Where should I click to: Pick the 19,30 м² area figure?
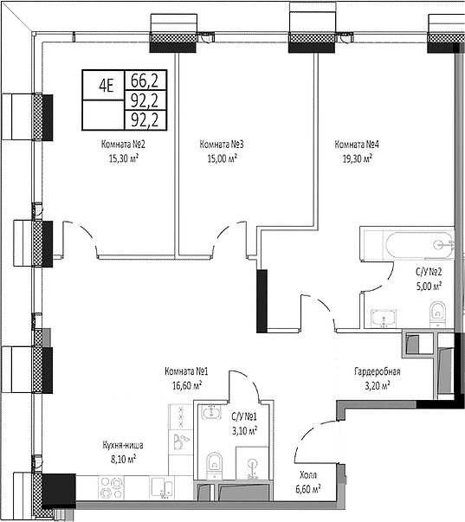tap(356, 159)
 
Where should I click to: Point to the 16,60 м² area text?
tap(185, 385)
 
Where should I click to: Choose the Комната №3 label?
tap(220, 145)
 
